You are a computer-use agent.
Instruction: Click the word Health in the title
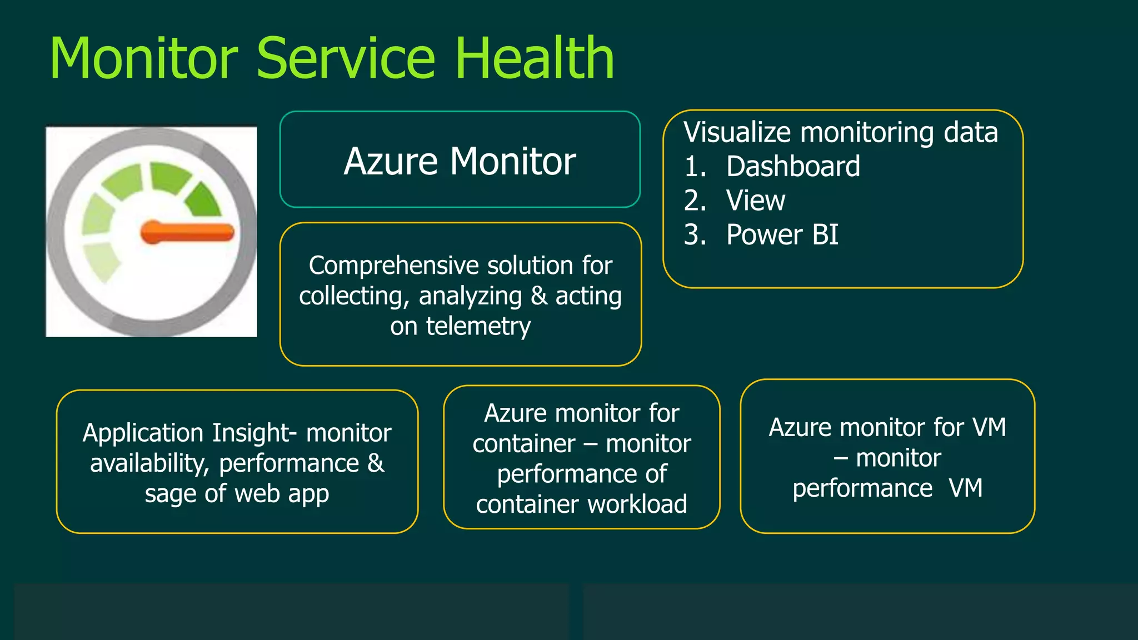pos(535,58)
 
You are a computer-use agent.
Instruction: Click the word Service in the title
pos(346,58)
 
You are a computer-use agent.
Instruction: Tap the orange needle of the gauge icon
pos(189,232)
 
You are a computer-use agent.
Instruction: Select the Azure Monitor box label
pos(460,161)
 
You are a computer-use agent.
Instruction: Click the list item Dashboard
pos(793,167)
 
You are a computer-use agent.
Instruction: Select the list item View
pos(755,201)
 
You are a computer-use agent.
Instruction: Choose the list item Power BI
pos(782,235)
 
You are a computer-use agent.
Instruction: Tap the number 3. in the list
pos(695,235)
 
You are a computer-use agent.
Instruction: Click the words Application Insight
pos(189,433)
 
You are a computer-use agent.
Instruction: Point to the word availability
pos(149,463)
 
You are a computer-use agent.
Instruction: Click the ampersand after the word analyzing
pos(538,296)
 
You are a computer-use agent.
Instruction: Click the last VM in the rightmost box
pos(966,488)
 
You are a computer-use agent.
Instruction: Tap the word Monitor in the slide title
pos(143,58)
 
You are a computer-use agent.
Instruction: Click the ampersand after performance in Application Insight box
pos(376,463)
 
